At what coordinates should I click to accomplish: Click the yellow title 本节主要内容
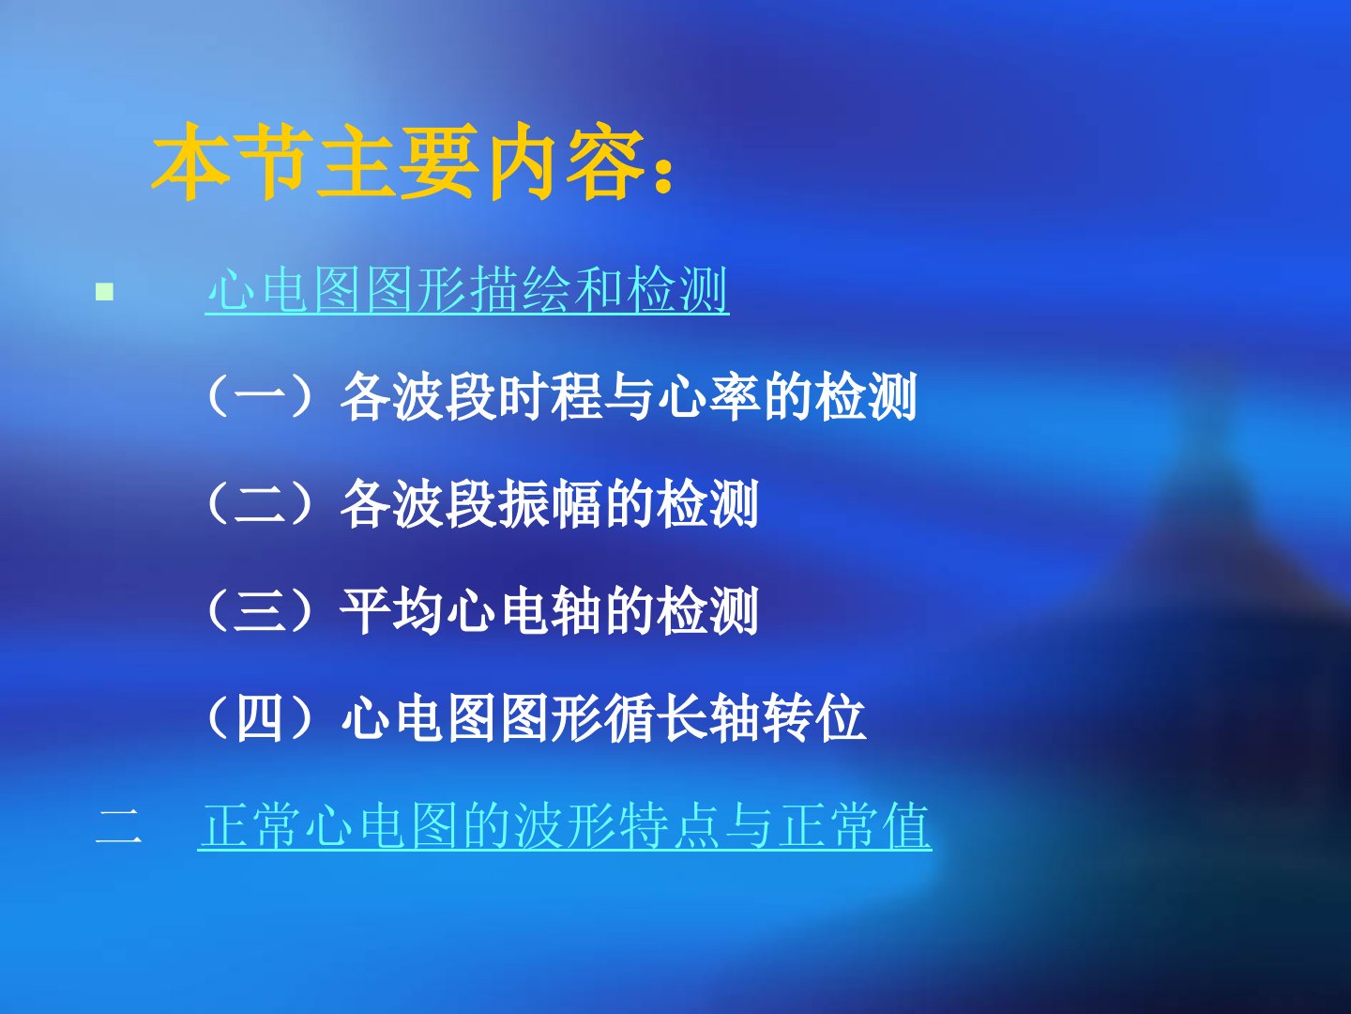[399, 161]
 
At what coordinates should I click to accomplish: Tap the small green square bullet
[105, 291]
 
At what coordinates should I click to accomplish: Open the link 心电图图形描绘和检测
[467, 290]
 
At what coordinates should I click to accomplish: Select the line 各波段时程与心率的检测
[629, 396]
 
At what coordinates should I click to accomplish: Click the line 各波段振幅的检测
[549, 504]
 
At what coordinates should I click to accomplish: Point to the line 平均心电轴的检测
[549, 611]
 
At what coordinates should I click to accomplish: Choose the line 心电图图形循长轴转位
[603, 718]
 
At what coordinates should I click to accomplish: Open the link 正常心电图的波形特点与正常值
[565, 825]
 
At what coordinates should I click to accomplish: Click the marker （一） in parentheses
[263, 396]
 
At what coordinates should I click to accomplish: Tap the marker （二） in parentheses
[263, 504]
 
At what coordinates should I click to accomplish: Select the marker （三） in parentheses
[263, 611]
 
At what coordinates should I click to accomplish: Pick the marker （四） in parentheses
[263, 718]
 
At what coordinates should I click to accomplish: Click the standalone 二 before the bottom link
[119, 827]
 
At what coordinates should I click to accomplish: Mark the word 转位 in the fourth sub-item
[814, 718]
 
